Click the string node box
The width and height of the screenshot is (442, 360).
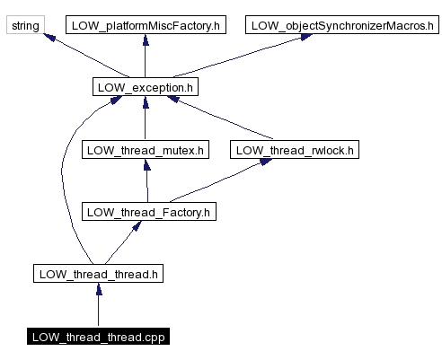click(x=25, y=25)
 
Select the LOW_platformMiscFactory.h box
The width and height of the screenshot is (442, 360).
click(x=145, y=25)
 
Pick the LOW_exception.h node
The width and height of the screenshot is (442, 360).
click(x=145, y=87)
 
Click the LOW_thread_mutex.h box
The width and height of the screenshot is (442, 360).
click(x=145, y=150)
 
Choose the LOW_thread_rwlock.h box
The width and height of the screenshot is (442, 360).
click(x=294, y=150)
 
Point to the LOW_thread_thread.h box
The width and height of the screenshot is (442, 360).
click(x=98, y=273)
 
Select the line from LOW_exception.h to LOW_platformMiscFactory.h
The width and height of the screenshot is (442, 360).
click(x=145, y=58)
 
